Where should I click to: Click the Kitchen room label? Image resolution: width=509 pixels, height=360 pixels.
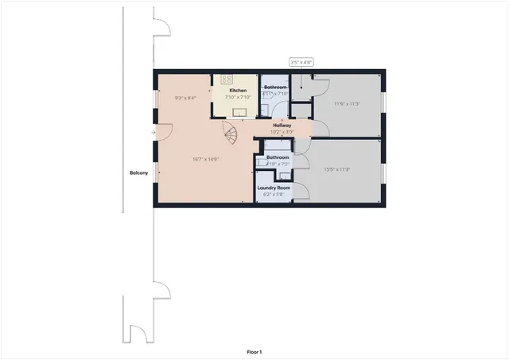click(x=238, y=91)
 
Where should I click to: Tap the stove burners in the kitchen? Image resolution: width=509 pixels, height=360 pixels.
click(x=227, y=79)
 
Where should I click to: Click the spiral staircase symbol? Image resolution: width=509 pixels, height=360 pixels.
click(x=228, y=134)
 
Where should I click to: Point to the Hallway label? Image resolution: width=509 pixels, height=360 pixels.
click(x=282, y=126)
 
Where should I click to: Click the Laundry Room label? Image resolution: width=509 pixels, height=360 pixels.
click(x=274, y=187)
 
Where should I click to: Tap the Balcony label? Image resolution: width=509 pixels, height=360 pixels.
click(x=139, y=173)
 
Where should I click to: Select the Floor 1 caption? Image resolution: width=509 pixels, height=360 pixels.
click(x=254, y=351)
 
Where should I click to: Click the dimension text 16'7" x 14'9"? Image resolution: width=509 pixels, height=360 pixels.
click(x=205, y=159)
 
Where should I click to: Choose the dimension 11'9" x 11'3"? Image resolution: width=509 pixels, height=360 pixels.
click(x=347, y=103)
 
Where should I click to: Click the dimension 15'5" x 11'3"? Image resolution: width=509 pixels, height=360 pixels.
click(x=337, y=168)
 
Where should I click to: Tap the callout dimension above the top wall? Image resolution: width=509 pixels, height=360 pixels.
click(x=301, y=61)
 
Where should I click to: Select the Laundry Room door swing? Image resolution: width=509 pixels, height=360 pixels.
click(x=301, y=192)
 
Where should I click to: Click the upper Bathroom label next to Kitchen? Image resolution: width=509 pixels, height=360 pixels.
click(x=276, y=87)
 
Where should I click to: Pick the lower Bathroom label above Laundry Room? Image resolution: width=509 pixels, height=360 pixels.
click(x=278, y=157)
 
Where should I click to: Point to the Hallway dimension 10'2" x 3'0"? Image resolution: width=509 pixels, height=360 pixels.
click(x=282, y=132)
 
